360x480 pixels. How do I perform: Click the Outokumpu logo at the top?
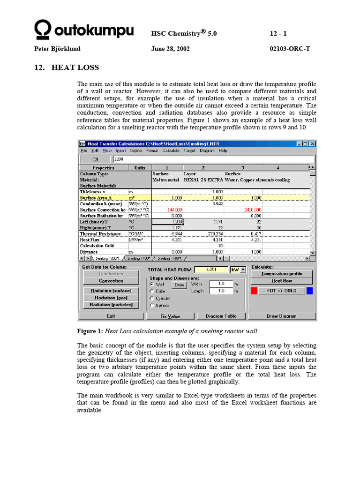(x=84, y=30)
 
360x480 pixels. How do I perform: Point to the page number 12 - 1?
(x=278, y=34)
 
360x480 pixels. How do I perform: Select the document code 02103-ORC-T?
(x=290, y=49)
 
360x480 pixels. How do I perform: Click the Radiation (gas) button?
(x=111, y=298)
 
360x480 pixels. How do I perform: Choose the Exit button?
(x=111, y=316)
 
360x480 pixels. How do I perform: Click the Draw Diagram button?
(x=281, y=316)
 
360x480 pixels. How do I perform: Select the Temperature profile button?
(x=281, y=274)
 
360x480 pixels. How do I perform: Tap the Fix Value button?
(x=170, y=316)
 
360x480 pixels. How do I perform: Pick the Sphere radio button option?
(x=152, y=306)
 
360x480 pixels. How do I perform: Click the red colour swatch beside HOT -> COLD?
(x=254, y=291)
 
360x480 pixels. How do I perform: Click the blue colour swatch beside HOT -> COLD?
(x=309, y=291)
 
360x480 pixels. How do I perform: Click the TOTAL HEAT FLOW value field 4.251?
(x=210, y=270)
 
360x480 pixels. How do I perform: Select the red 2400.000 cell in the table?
(x=251, y=210)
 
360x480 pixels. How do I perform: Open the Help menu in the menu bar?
(x=223, y=151)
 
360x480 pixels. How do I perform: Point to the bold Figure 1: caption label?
(x=90, y=331)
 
